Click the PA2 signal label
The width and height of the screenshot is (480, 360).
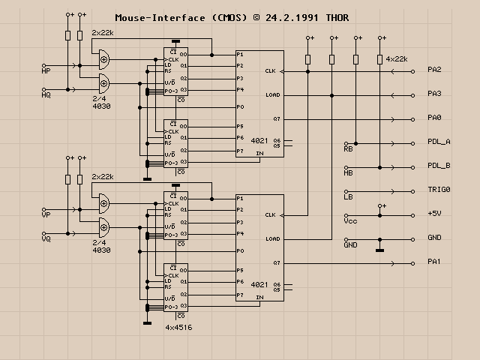click(434, 70)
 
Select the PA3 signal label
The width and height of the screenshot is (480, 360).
click(434, 94)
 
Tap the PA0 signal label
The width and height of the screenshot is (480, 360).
click(434, 118)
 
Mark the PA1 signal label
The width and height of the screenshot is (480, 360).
click(434, 262)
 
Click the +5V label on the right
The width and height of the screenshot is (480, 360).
click(434, 214)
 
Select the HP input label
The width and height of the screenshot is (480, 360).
click(46, 71)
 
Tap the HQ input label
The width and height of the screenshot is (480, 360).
click(46, 95)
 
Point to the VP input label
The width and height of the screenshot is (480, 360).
click(46, 215)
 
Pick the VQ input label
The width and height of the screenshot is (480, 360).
click(46, 239)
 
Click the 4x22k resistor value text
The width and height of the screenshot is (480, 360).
click(396, 58)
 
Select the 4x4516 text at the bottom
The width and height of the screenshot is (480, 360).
click(178, 328)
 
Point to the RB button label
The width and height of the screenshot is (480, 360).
click(348, 148)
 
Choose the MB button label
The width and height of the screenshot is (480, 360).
click(348, 172)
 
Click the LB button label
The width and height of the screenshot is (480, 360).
click(348, 196)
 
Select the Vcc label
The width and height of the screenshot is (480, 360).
click(349, 220)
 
